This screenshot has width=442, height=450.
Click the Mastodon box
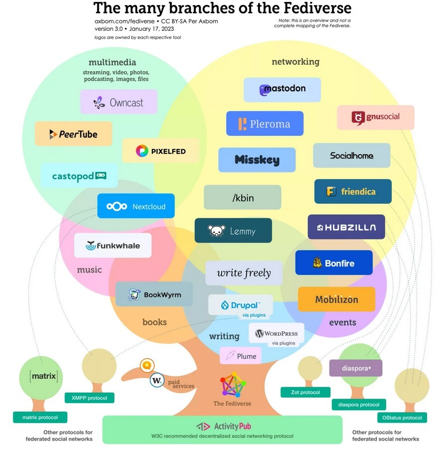[x=282, y=90]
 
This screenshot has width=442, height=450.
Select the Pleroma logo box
[x=265, y=124]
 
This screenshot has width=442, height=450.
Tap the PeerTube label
[x=73, y=134]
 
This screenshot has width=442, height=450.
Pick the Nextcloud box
[x=136, y=206]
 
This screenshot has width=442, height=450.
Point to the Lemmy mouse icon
[x=216, y=231]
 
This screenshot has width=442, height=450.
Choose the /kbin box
[x=243, y=197]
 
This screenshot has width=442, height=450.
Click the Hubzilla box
[x=346, y=227]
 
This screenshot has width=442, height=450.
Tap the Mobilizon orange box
[x=336, y=299]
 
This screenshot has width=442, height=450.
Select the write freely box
[x=244, y=273]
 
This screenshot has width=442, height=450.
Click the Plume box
[x=241, y=356]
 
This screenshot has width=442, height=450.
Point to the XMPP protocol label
[x=89, y=398]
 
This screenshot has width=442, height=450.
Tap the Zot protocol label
[x=305, y=392]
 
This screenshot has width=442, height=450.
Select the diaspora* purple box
[x=355, y=368]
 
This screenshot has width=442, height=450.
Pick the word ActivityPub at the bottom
[x=232, y=426]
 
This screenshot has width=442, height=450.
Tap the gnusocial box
[x=375, y=118]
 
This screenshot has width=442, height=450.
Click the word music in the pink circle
[x=89, y=270]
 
